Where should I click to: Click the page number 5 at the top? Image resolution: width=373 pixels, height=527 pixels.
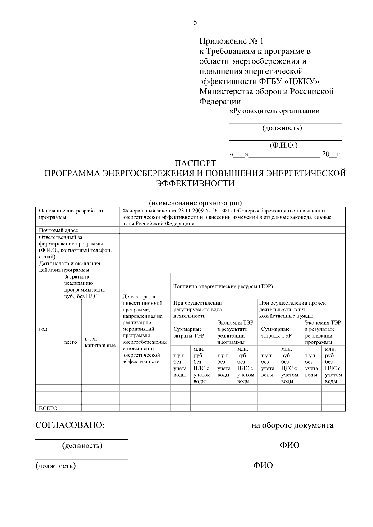(195, 22)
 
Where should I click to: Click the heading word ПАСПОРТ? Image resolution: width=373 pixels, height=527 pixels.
(195, 163)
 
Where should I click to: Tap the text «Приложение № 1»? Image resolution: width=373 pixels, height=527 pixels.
(231, 41)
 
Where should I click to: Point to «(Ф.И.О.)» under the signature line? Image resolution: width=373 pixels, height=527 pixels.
(283, 145)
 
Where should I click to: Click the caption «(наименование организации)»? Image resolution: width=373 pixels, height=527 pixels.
(195, 203)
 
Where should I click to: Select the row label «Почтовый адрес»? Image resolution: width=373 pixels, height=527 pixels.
(58, 230)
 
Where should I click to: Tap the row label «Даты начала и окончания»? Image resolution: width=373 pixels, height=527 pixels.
(70, 263)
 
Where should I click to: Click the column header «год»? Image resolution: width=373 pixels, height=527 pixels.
(43, 329)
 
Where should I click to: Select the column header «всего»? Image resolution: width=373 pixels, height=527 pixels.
(71, 342)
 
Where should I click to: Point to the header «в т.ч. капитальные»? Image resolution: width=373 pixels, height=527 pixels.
(100, 342)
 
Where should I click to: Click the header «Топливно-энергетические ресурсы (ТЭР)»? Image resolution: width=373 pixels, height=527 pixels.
(223, 286)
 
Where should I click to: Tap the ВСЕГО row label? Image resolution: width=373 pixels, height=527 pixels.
(48, 408)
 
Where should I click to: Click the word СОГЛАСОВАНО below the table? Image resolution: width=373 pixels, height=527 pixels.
(70, 425)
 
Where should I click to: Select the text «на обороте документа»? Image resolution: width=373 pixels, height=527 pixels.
(292, 425)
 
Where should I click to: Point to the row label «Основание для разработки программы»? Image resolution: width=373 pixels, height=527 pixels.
(71, 214)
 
